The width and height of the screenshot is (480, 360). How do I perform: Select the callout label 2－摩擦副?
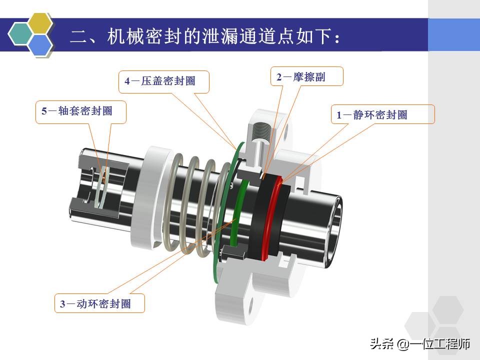(x=307, y=77)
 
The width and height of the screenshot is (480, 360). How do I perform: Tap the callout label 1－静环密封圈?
(x=382, y=114)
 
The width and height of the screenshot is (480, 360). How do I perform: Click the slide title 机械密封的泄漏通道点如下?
(x=205, y=37)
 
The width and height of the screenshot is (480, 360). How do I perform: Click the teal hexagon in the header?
(x=20, y=34)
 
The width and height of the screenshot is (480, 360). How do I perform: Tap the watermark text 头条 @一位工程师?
(x=420, y=344)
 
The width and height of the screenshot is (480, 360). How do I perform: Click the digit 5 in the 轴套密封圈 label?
(x=44, y=111)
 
